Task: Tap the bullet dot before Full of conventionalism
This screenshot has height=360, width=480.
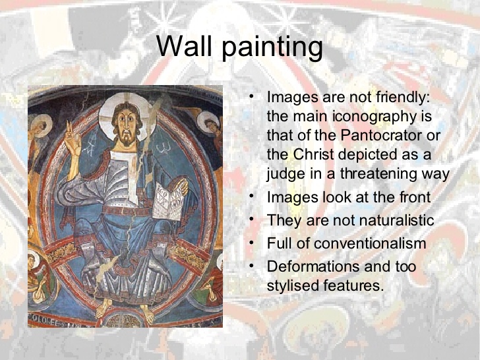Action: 251,242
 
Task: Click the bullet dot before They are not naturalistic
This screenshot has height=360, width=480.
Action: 251,219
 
